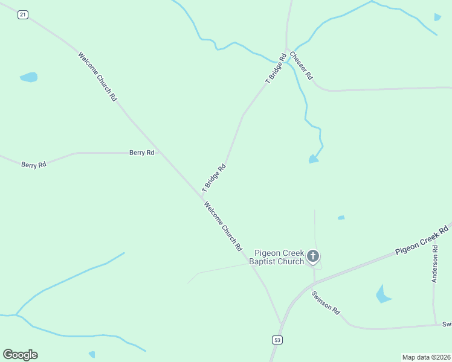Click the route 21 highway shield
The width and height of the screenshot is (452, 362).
pyautogui.click(x=22, y=15)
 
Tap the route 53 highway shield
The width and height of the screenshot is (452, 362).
pyautogui.click(x=277, y=340)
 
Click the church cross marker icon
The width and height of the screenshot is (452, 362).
pyautogui.click(x=313, y=257)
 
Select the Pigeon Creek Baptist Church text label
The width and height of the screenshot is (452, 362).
pyautogui.click(x=279, y=257)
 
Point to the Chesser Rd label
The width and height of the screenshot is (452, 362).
pyautogui.click(x=301, y=66)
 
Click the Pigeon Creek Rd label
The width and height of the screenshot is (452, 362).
pyautogui.click(x=422, y=241)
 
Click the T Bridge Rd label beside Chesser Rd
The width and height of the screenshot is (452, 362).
pyautogui.click(x=276, y=68)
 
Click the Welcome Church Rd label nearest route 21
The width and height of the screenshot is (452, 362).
pyautogui.click(x=97, y=76)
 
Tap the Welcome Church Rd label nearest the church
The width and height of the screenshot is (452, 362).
pyautogui.click(x=223, y=226)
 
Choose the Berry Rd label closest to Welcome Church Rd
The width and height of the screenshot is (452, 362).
pyautogui.click(x=142, y=153)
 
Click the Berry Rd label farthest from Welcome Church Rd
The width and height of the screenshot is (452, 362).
pyautogui.click(x=34, y=164)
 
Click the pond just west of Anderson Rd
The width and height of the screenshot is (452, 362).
pyautogui.click(x=383, y=294)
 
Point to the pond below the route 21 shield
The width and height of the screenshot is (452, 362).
pyautogui.click(x=29, y=77)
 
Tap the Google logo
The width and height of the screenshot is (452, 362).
pyautogui.click(x=20, y=355)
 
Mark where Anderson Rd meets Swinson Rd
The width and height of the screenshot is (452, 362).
pyautogui.click(x=435, y=325)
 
